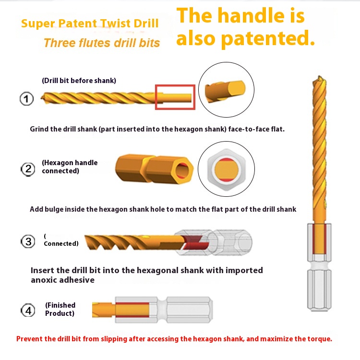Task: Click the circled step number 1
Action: click(26, 99)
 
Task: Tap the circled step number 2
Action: click(28, 169)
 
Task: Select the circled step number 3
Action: click(28, 241)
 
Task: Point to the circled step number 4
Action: click(28, 310)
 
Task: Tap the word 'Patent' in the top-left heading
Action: click(78, 24)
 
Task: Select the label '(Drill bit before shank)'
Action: click(79, 81)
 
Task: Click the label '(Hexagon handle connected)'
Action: click(70, 167)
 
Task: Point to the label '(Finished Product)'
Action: click(60, 309)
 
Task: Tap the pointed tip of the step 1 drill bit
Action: click(41, 98)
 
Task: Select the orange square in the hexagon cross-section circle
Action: click(227, 169)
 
